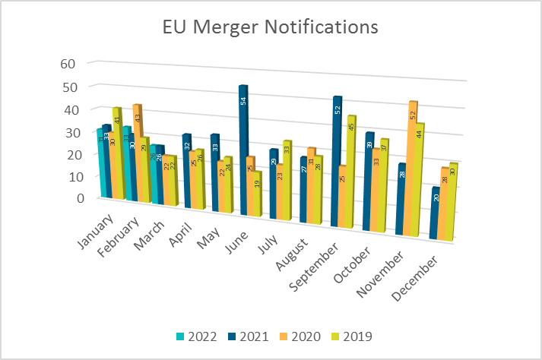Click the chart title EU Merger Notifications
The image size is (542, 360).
(x=271, y=28)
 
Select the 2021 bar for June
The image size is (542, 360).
(x=243, y=152)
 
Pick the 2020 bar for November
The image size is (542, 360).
(x=413, y=171)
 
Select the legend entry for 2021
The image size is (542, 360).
(x=247, y=336)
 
